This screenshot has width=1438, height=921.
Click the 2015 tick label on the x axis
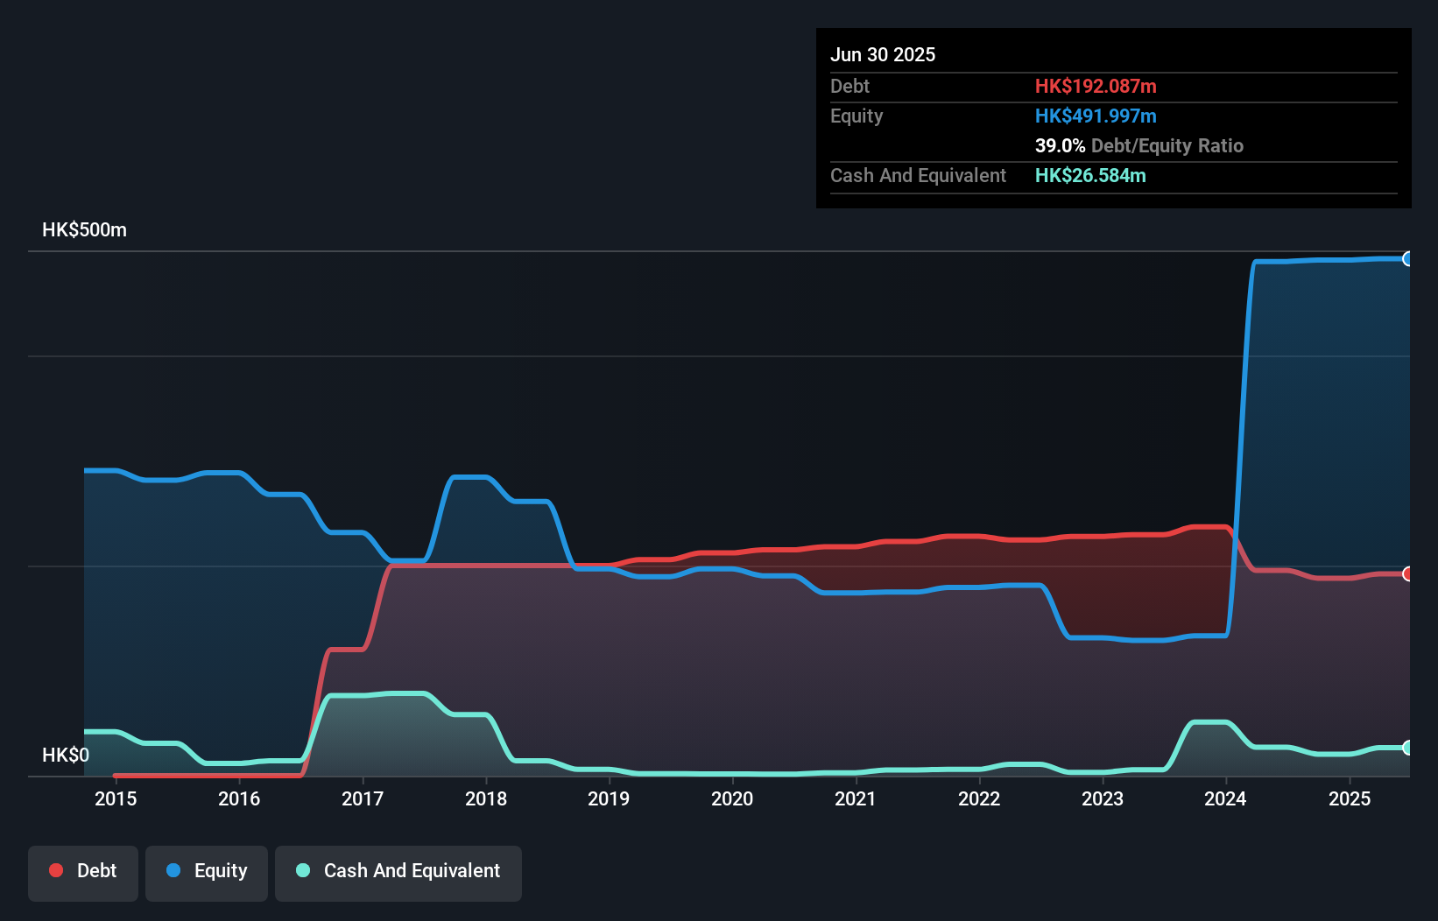(x=116, y=798)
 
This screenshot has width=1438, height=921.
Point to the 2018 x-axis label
(x=486, y=798)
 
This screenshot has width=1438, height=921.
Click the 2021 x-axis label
(x=856, y=798)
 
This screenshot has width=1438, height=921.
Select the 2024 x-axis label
(x=1225, y=798)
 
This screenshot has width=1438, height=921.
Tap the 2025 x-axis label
(x=1350, y=798)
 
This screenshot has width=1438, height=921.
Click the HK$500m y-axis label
(x=84, y=230)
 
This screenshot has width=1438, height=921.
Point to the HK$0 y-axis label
(x=66, y=755)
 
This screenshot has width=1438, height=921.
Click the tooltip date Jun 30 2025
(x=883, y=54)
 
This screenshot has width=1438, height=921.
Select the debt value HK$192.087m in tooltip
(x=1096, y=86)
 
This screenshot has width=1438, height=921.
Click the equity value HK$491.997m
(x=1096, y=116)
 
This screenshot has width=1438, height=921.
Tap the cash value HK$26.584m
(x=1090, y=175)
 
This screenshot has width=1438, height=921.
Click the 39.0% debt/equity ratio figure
(x=1060, y=145)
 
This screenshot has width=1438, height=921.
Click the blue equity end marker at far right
(x=1407, y=258)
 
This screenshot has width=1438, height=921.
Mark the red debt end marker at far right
(x=1407, y=573)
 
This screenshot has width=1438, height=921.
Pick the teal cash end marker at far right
(x=1407, y=748)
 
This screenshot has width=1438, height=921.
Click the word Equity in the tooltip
(x=856, y=116)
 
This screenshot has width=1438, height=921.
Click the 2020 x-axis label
(x=732, y=798)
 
